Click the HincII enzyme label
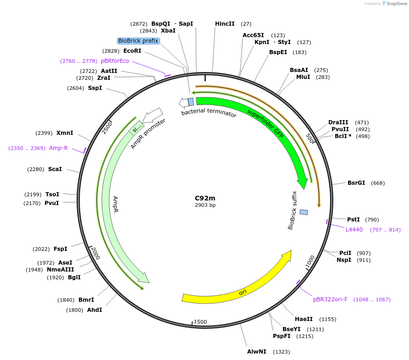point(225,24)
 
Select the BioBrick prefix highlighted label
point(138,41)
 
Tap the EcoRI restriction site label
point(132,51)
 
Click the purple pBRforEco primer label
point(115,61)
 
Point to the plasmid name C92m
point(205,198)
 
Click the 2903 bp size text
point(205,205)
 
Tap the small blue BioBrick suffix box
point(304,212)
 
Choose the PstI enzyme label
point(354,220)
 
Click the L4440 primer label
point(354,230)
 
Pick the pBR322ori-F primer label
point(330,299)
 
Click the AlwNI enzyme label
point(257,352)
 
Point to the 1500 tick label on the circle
point(200,322)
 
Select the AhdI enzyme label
point(94,310)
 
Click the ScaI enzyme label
point(55,169)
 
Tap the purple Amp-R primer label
point(58,148)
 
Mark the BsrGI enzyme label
point(356,183)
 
